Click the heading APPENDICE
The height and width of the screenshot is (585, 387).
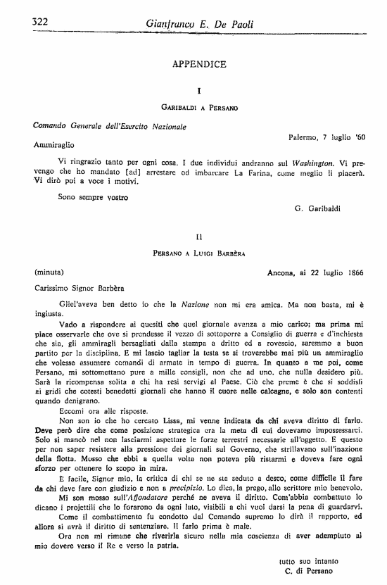pyautogui.click(x=199, y=64)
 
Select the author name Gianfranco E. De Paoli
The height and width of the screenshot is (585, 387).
pyautogui.click(x=199, y=24)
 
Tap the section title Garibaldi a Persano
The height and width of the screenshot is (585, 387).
pyautogui.click(x=199, y=107)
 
